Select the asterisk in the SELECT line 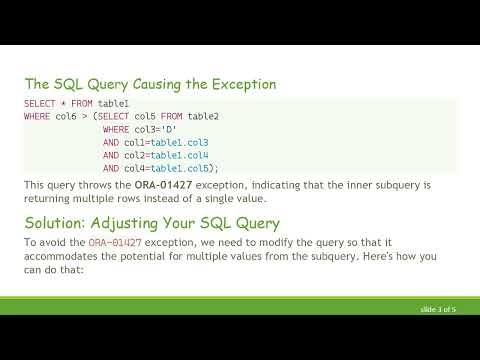60,104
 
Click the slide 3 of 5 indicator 438,312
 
